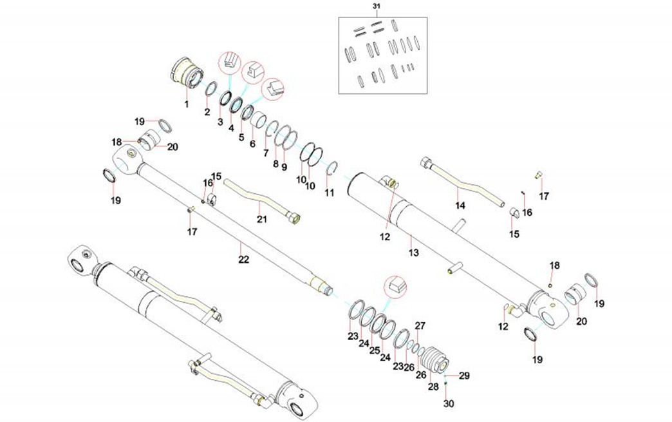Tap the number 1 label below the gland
(187, 103)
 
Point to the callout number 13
(412, 252)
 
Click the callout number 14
(460, 206)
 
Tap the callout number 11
(329, 193)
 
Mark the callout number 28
(433, 386)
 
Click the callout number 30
(449, 404)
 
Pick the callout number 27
(420, 325)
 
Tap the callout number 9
(284, 167)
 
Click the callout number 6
(252, 144)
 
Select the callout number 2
(207, 112)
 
